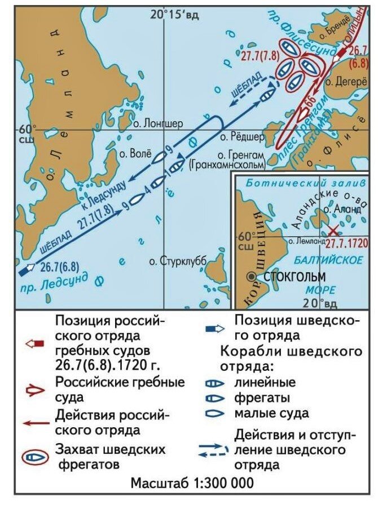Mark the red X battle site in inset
(334, 231)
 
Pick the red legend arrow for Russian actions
(35, 422)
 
